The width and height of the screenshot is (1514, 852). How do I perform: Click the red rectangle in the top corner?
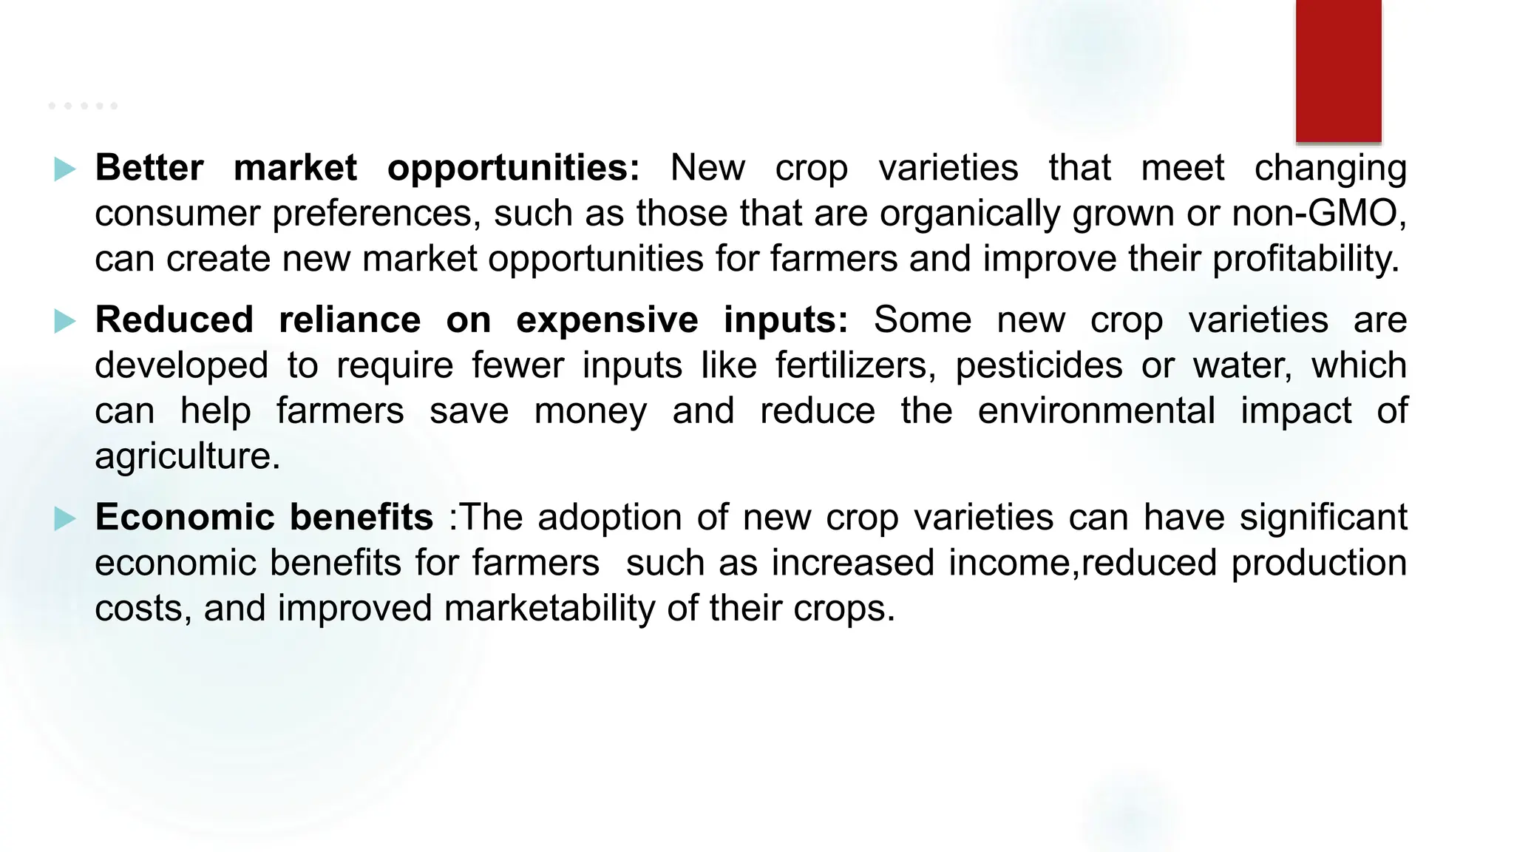tap(1338, 71)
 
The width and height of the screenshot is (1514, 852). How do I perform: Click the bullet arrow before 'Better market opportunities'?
tap(65, 169)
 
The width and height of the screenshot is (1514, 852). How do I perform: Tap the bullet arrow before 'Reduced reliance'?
tap(65, 321)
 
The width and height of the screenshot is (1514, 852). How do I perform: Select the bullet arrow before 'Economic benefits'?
tap(65, 518)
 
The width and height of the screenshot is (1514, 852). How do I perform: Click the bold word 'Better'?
tap(149, 168)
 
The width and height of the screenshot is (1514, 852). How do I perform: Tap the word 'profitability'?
tap(1305, 260)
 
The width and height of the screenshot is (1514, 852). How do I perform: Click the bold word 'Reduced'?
tap(174, 320)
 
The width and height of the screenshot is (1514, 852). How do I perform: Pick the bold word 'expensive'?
tap(606, 320)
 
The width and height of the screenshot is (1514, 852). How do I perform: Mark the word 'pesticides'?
tap(1039, 365)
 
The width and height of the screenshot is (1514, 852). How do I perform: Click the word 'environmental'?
tap(1096, 410)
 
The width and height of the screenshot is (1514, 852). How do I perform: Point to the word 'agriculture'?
tap(186, 456)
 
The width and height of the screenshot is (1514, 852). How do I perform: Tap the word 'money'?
tap(590, 412)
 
